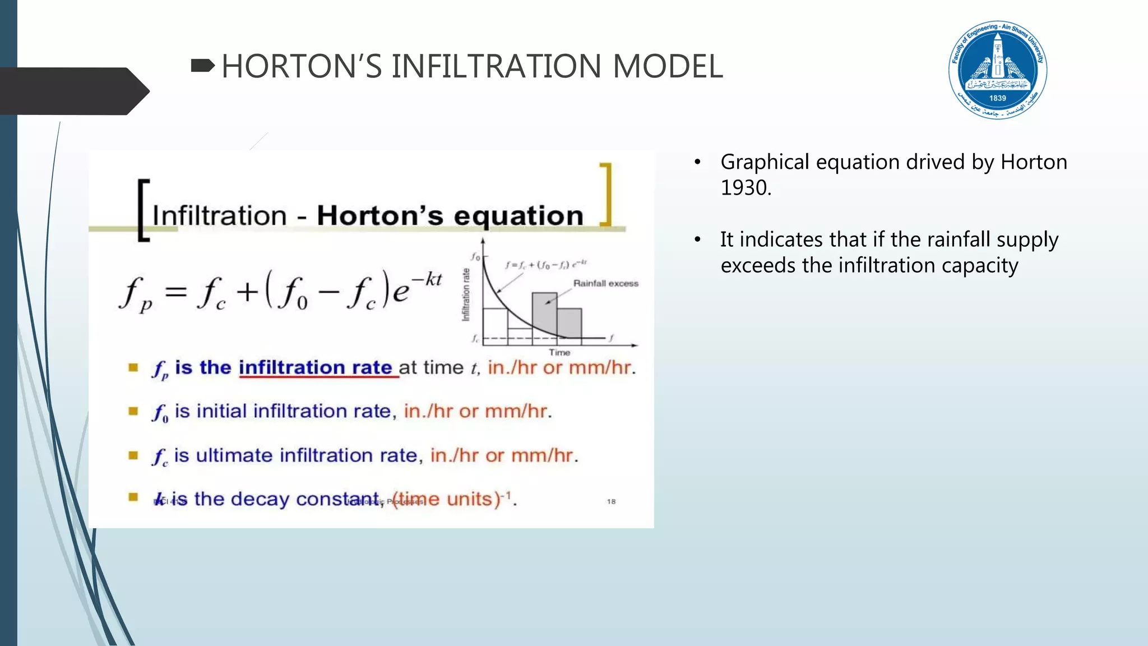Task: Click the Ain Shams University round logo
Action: point(998,70)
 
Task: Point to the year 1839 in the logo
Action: point(998,98)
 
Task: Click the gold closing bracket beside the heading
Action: point(606,195)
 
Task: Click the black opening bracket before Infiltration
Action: point(143,210)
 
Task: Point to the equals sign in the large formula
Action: point(176,292)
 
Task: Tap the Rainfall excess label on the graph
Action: point(605,284)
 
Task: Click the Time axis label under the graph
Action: point(559,353)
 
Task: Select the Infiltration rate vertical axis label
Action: point(466,294)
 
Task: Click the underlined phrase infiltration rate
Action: point(316,368)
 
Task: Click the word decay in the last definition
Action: point(260,499)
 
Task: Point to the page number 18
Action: point(611,501)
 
